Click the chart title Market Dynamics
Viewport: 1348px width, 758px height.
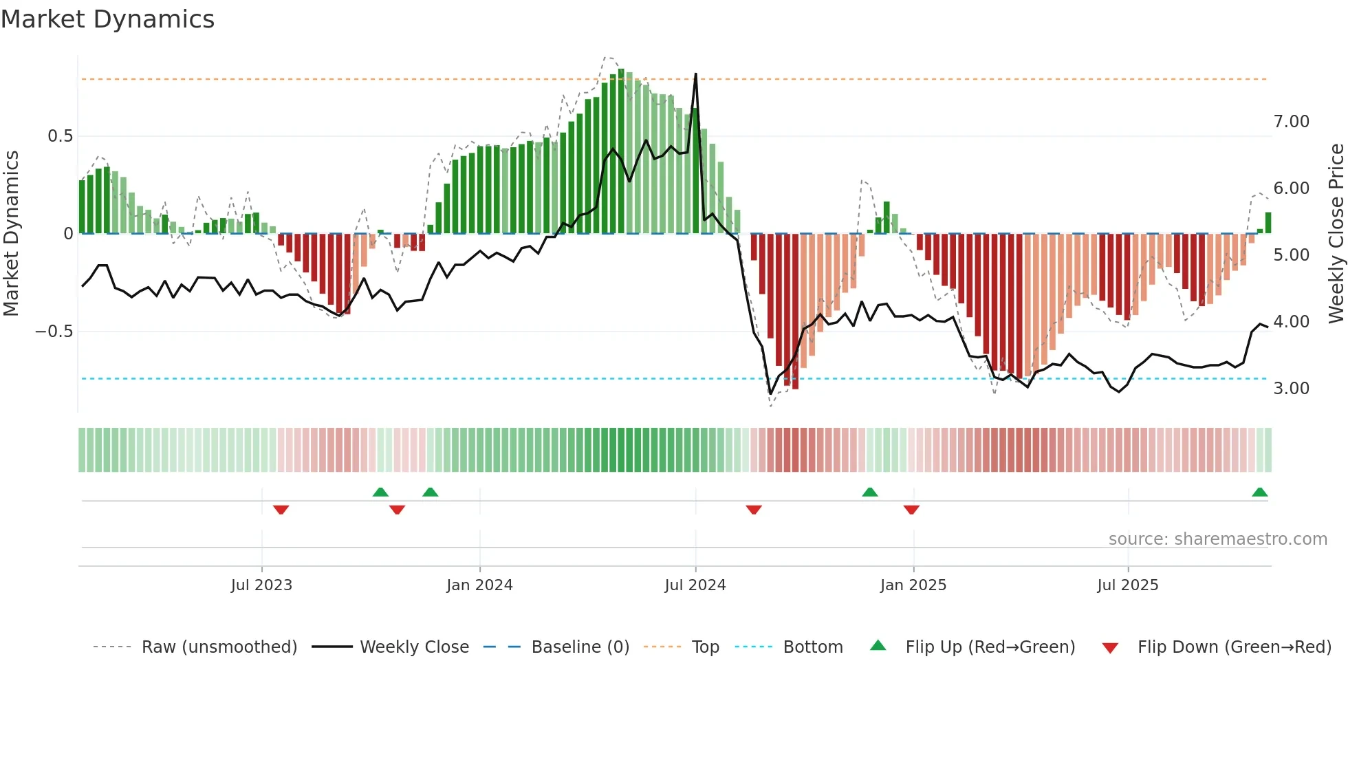click(107, 19)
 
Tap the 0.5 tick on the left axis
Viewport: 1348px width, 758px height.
click(60, 136)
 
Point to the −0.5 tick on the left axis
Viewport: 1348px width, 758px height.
click(54, 332)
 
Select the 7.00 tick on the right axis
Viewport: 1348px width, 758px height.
click(1291, 122)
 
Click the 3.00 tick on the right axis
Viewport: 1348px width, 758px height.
click(1291, 389)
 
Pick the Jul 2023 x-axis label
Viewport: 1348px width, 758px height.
click(261, 585)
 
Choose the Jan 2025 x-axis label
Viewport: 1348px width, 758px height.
click(913, 585)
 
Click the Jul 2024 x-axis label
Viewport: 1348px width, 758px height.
click(695, 585)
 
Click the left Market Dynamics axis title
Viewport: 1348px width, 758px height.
click(11, 234)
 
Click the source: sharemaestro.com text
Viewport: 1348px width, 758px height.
click(1217, 539)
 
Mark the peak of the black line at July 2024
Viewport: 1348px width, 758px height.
click(695, 74)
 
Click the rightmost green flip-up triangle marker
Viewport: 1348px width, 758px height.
click(1259, 492)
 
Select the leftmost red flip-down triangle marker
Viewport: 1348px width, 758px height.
click(281, 510)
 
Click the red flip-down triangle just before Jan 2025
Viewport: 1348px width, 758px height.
click(911, 510)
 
